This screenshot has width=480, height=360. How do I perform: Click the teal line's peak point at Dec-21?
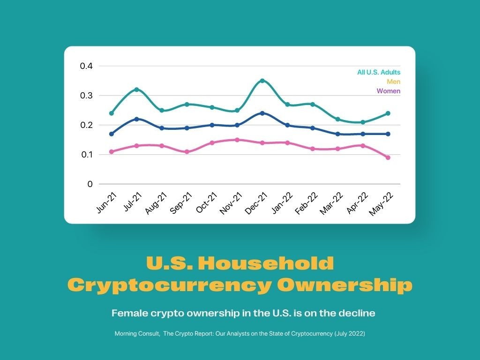point(262,81)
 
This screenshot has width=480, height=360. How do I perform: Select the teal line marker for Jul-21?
point(137,90)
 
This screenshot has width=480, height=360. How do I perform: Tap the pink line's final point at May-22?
point(388,157)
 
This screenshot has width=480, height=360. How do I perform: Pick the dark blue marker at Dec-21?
point(262,113)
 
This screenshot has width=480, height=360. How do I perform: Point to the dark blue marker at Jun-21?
point(112,134)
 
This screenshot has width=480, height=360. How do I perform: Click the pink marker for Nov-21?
point(237,140)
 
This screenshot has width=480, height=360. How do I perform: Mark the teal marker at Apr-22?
point(363,122)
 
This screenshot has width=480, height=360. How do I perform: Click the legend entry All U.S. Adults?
point(379,72)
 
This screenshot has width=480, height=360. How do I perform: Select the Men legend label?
point(393,82)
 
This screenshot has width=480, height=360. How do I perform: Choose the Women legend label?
point(389,91)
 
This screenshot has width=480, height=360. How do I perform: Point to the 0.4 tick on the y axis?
point(86,66)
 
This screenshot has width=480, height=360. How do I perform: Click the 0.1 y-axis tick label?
point(87,155)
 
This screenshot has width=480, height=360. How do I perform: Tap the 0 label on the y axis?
point(90,184)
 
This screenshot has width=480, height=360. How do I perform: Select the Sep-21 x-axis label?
point(180,203)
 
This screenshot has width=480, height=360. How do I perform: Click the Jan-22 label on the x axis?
point(282,203)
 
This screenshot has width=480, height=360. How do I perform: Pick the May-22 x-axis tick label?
point(381,204)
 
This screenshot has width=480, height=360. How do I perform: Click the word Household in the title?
point(266,263)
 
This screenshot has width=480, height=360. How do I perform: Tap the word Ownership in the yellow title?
point(345,285)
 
